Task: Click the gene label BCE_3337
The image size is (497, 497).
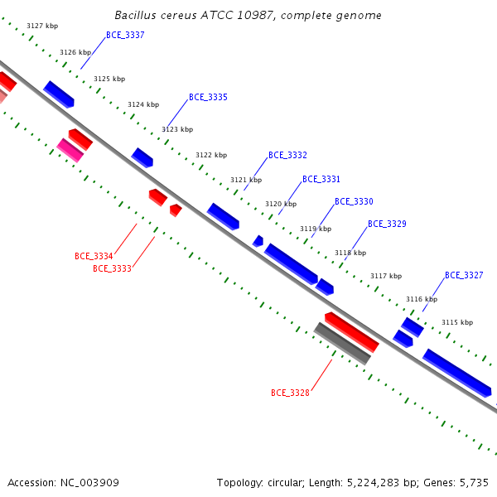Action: tap(125, 35)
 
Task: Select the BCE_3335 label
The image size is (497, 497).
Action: tap(208, 97)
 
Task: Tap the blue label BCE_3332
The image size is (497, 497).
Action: tap(287, 156)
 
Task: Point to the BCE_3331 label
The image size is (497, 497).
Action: tap(321, 180)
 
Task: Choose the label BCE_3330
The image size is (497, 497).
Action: tap(354, 201)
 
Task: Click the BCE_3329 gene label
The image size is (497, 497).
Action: tap(387, 224)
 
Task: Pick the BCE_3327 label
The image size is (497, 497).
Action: tap(464, 276)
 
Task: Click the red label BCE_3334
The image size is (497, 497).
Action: tap(94, 256)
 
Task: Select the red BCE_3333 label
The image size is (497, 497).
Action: tap(112, 268)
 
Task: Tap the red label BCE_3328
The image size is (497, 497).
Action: tap(291, 393)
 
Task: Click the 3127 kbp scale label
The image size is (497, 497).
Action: tap(42, 26)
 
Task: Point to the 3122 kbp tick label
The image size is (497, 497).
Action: tap(211, 156)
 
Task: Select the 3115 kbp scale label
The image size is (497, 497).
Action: tap(457, 323)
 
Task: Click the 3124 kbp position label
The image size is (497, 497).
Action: tap(143, 104)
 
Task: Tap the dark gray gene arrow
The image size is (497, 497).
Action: tap(342, 344)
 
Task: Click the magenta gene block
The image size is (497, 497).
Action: tap(70, 150)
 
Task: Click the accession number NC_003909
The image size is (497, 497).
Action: tap(89, 483)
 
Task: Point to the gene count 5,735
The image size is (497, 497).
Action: tap(474, 483)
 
